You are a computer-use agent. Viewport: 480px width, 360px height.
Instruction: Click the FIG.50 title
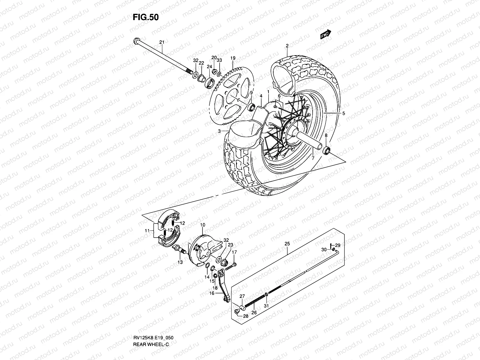[145, 17]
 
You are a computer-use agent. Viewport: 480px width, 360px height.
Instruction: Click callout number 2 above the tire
[287, 46]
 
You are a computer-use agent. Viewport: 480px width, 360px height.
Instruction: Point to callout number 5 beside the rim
[343, 113]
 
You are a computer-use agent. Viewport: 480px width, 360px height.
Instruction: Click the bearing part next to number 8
[326, 150]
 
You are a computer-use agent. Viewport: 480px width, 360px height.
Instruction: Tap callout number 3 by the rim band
[219, 131]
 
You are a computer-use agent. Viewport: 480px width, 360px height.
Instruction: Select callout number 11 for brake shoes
[147, 230]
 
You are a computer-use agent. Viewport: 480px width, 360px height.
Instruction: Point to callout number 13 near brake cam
[180, 262]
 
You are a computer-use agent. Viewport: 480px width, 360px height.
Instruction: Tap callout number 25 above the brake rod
[287, 244]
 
